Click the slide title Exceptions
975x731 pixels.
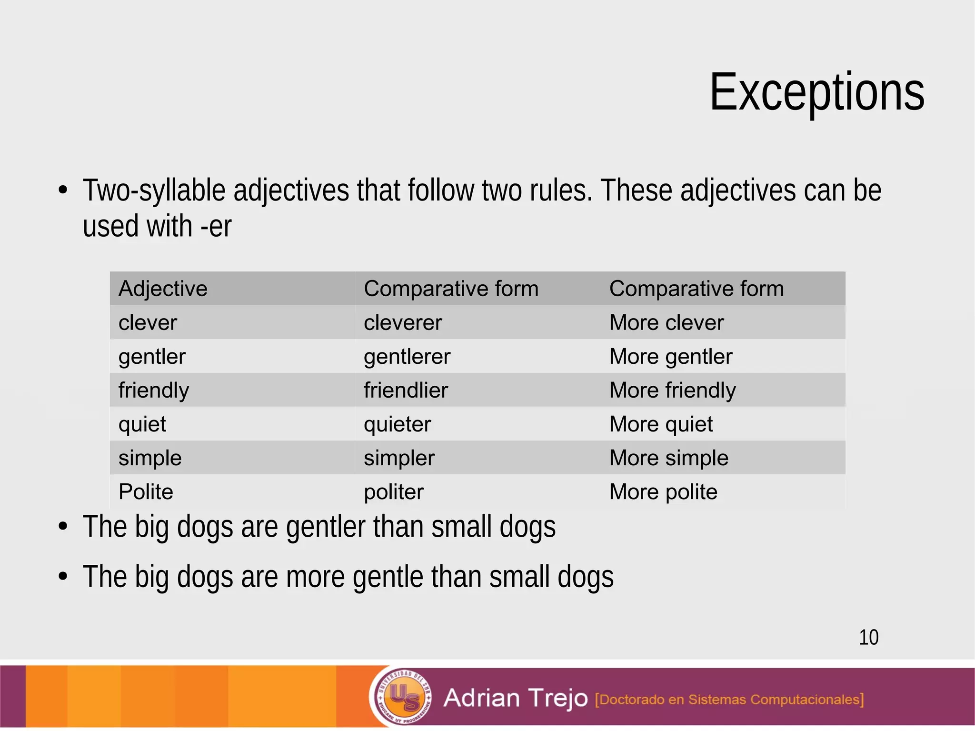pyautogui.click(x=816, y=92)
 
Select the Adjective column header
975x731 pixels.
pyautogui.click(x=163, y=289)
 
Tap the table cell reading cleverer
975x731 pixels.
pyautogui.click(x=403, y=323)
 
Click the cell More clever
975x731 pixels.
pyautogui.click(x=666, y=323)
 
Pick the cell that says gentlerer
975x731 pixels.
pyautogui.click(x=407, y=357)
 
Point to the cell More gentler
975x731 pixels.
pyautogui.click(x=670, y=357)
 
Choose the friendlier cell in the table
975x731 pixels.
pyautogui.click(x=406, y=391)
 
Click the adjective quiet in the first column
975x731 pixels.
pyautogui.click(x=142, y=424)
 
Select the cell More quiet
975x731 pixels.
pyautogui.click(x=661, y=424)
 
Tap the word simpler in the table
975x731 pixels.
pyautogui.click(x=399, y=458)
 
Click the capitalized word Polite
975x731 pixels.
pyautogui.click(x=146, y=492)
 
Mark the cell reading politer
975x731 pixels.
pyautogui.click(x=393, y=492)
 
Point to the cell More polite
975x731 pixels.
pyautogui.click(x=663, y=492)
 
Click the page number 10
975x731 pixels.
pyautogui.click(x=868, y=637)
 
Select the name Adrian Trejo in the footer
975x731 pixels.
pyautogui.click(x=515, y=698)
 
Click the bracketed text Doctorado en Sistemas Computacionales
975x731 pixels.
pyautogui.click(x=729, y=700)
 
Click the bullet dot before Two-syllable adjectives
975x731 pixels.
pyautogui.click(x=63, y=190)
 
